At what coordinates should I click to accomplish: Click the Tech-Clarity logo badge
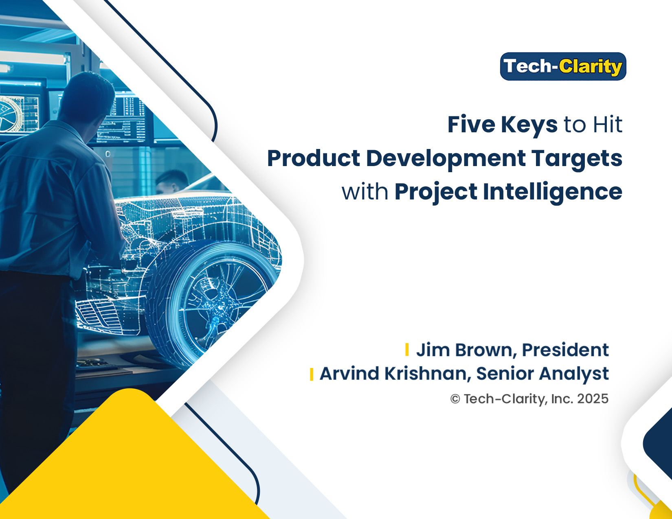563,66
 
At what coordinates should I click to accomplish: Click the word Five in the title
471,124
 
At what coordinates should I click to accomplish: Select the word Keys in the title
529,126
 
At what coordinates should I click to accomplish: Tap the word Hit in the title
607,124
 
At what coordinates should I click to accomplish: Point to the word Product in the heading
313,158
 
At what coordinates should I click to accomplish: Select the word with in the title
365,192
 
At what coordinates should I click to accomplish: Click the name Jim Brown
466,350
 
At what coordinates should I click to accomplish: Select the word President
565,350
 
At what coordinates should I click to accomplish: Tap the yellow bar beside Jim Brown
407,350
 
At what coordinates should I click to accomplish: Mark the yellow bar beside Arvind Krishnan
312,374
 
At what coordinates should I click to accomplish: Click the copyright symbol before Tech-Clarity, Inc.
455,399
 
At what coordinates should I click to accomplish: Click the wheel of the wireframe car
213,304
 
